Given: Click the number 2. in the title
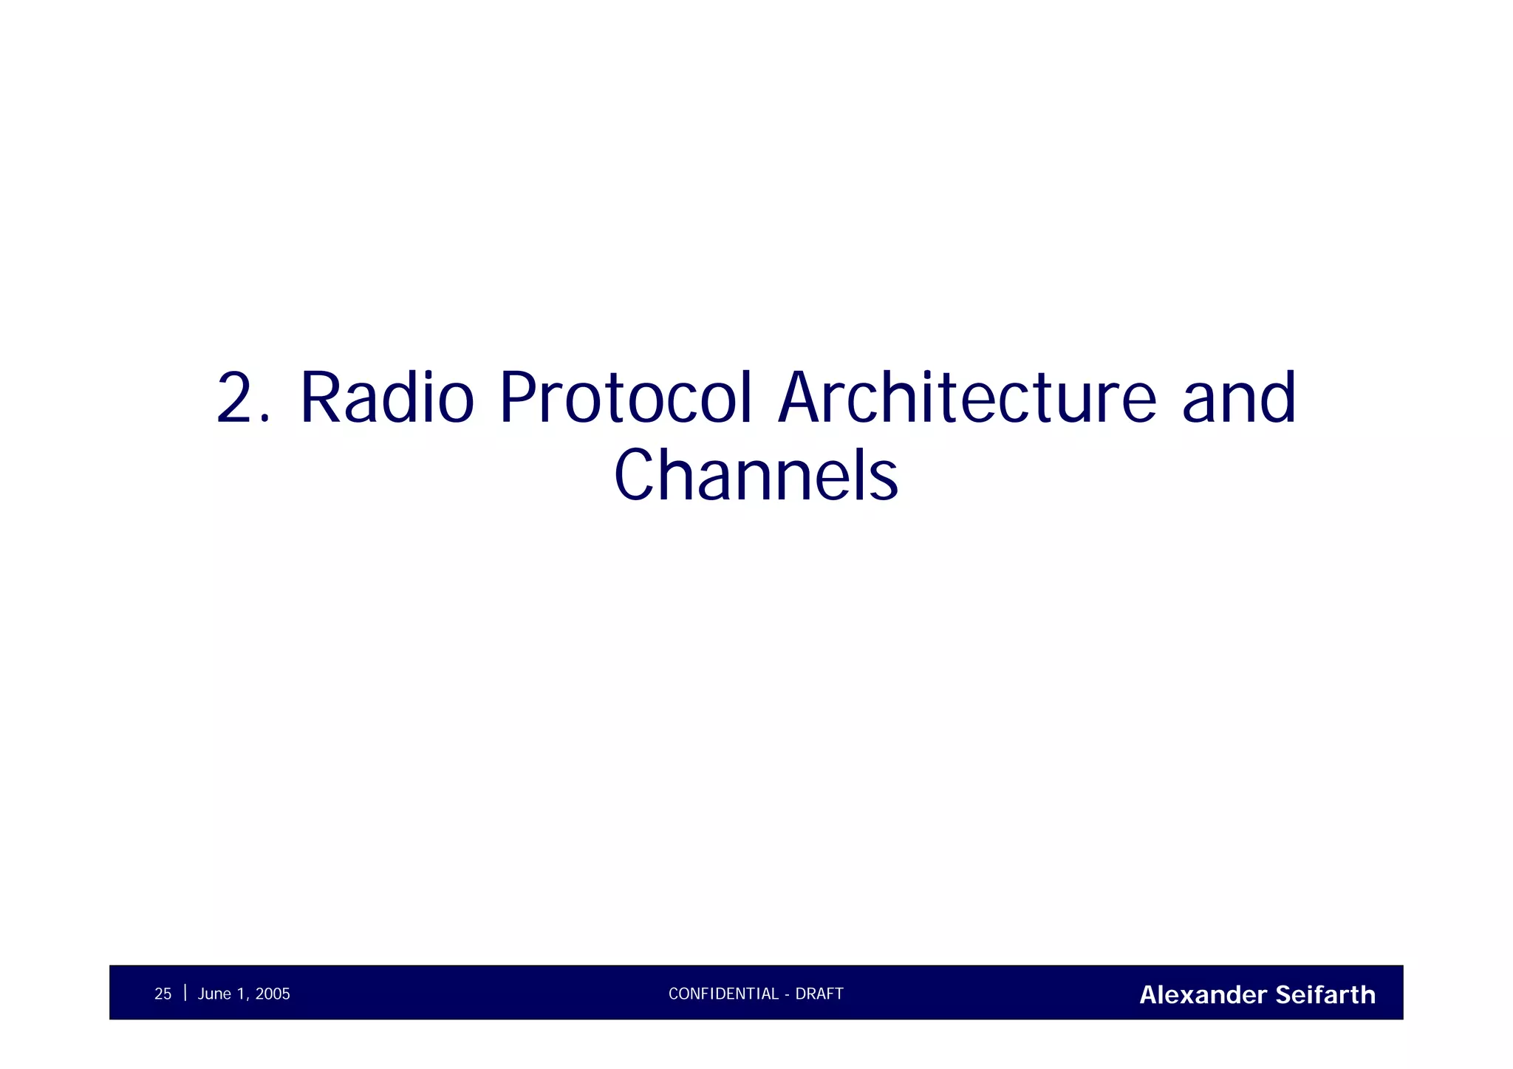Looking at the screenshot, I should point(243,399).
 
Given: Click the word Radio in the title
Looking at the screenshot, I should point(386,399).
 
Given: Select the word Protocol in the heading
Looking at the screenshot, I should point(626,399).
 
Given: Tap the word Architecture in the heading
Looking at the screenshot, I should point(967,399).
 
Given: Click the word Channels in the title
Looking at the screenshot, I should point(756,476).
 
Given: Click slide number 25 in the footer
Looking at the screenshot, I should point(163,994).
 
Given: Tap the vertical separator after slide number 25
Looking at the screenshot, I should point(185,993).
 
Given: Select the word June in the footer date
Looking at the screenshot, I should point(214,994).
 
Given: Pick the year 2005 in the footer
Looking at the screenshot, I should point(273,994).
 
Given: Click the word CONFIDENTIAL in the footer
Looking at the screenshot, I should point(723,994).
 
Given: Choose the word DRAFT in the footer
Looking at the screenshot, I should point(819,994).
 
